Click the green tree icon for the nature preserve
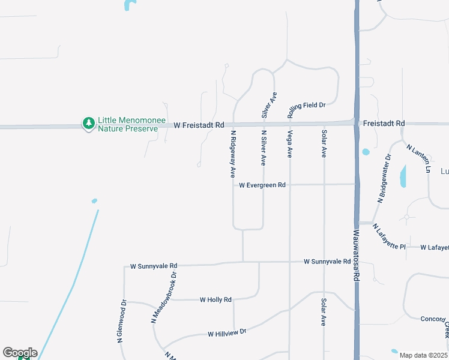[x=89, y=124]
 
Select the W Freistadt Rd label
[x=199, y=125]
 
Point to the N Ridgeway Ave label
[x=232, y=154]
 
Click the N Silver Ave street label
[x=263, y=148]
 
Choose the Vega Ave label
[x=289, y=144]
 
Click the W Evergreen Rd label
[x=262, y=185]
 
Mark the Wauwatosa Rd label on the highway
[x=355, y=256]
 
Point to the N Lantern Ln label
[x=418, y=158]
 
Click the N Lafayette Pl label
[x=388, y=237]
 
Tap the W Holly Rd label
[x=215, y=299]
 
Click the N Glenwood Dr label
[x=122, y=322]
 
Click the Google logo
[x=20, y=353]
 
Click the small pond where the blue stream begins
[x=94, y=200]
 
